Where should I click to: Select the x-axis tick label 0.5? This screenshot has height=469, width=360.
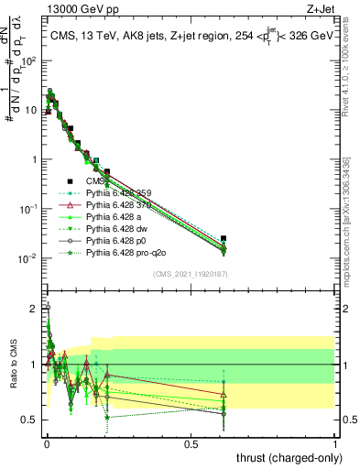[191, 443]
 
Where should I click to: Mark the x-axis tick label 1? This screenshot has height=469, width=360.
[335, 443]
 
